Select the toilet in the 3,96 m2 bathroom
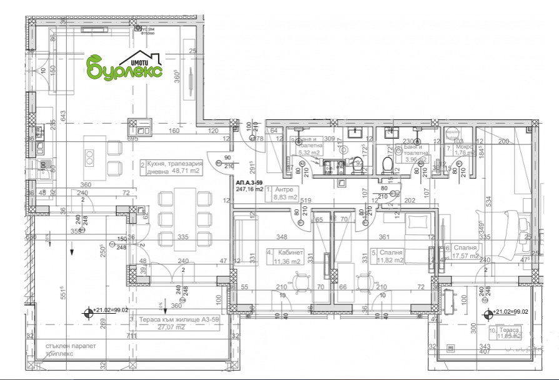point(387,165)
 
